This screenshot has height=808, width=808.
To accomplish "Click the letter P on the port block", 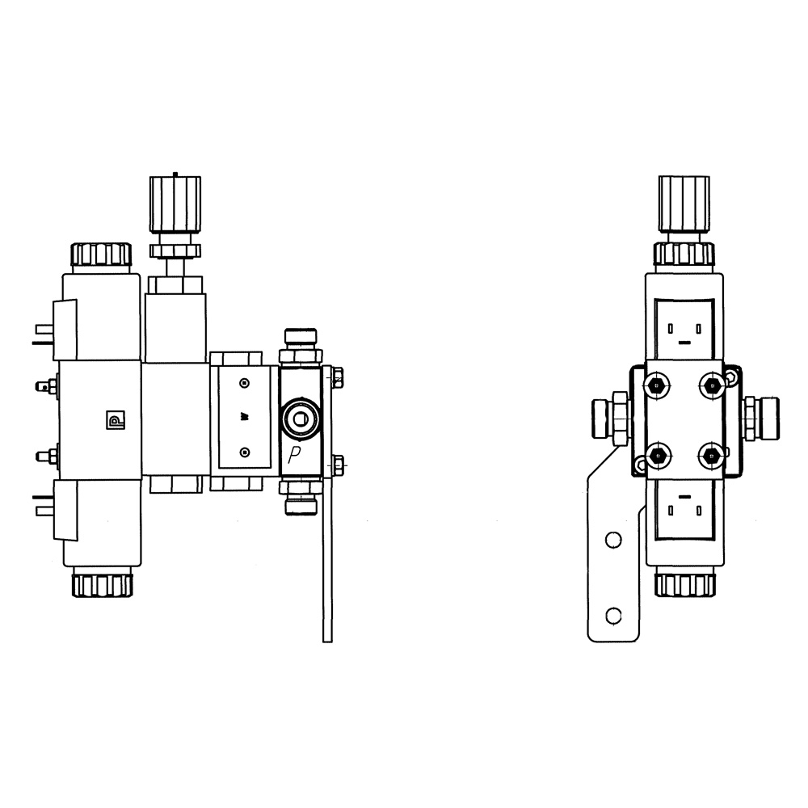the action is click(294, 455).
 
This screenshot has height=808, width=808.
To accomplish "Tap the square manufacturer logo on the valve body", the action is click(115, 420).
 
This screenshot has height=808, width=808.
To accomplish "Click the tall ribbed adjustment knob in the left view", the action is click(175, 204).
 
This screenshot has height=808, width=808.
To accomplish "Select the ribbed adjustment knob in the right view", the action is click(684, 204).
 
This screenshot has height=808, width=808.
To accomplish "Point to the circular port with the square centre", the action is click(301, 419).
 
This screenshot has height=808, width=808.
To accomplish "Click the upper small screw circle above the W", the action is click(246, 383).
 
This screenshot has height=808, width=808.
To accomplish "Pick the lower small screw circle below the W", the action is click(246, 452).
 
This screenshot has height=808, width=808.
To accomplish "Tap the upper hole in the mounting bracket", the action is click(613, 540).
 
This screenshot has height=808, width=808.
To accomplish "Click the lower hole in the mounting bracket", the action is click(613, 615).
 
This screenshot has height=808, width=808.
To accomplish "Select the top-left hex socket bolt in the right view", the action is click(656, 385).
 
